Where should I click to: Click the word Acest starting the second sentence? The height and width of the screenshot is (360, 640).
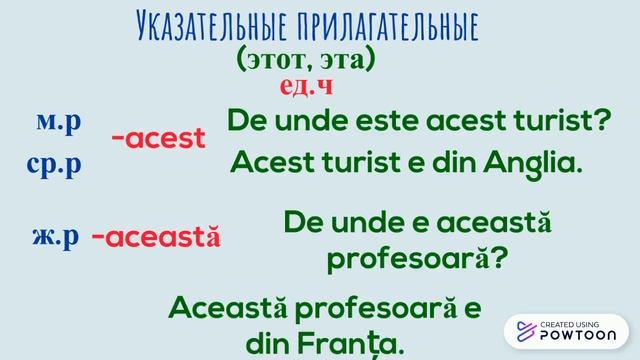coord(262,161)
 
